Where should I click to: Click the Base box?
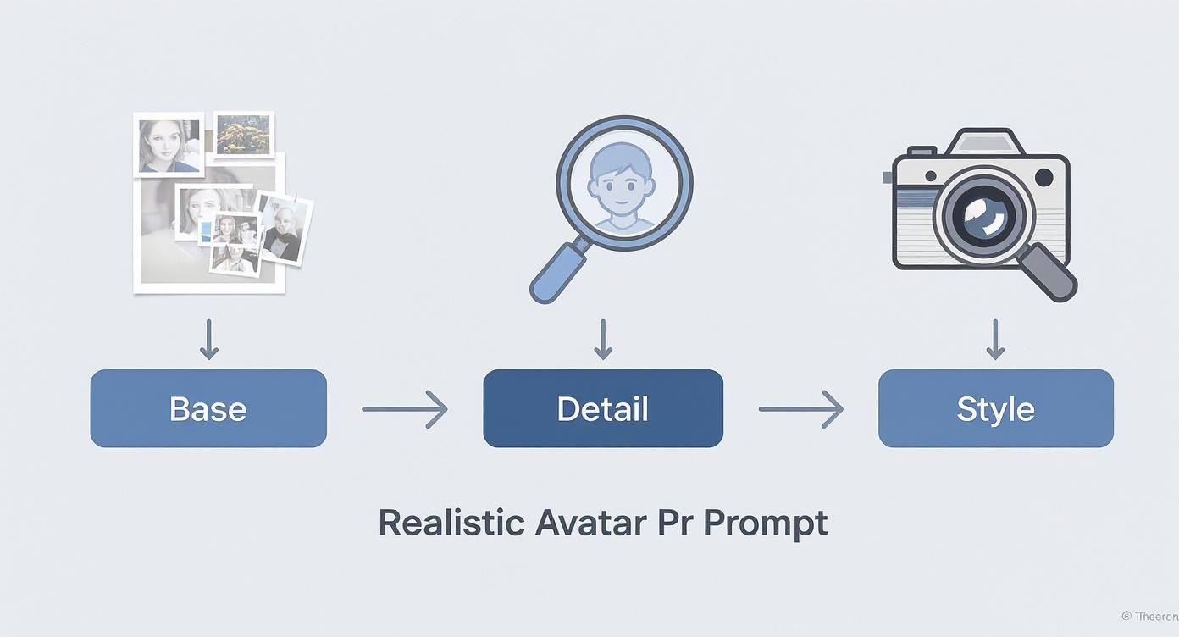point(208,408)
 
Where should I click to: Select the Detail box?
point(603,408)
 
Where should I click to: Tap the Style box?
point(995,408)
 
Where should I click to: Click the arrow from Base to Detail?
point(404,409)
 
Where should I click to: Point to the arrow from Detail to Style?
point(800,409)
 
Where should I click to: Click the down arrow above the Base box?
point(208,339)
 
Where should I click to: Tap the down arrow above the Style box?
point(996,339)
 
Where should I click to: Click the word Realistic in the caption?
point(451,523)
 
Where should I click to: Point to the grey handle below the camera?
point(1047,271)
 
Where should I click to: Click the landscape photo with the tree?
point(243,135)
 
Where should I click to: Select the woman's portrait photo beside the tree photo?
point(169,145)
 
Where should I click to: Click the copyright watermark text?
point(1149,617)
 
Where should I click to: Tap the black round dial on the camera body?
point(1044,178)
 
